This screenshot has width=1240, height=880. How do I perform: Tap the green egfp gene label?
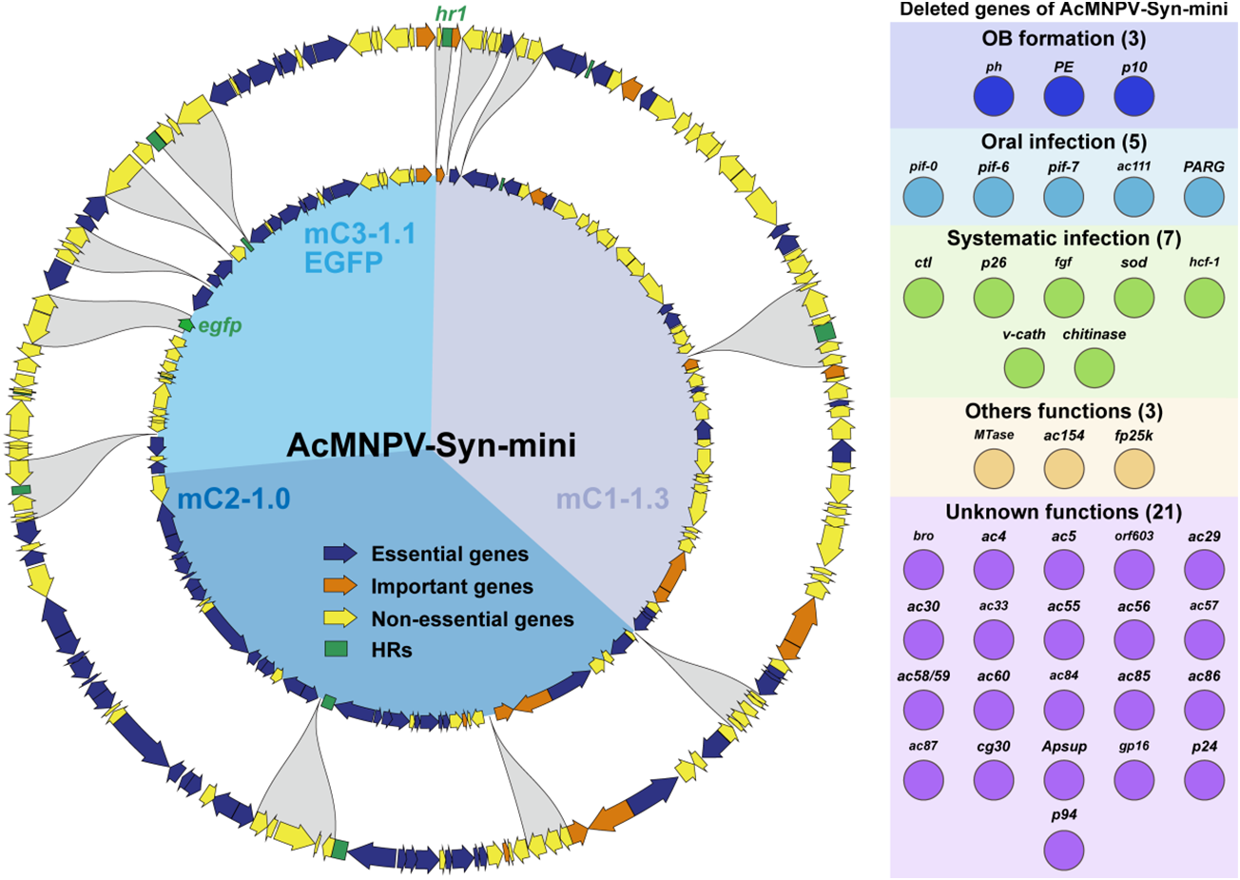(220, 326)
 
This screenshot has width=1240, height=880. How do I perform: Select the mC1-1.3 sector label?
(612, 498)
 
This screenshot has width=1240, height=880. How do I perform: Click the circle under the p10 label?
(1133, 96)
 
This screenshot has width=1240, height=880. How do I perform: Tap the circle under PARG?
(1204, 200)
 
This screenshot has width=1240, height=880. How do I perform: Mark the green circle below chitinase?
(1095, 368)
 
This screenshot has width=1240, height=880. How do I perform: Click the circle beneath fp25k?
(1133, 468)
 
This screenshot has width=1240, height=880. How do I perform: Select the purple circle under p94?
(1064, 849)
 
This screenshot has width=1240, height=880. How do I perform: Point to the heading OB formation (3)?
(1063, 39)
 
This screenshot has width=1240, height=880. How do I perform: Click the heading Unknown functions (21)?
(1063, 513)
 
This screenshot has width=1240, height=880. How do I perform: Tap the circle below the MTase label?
(994, 468)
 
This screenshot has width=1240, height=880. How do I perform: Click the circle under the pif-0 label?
(923, 200)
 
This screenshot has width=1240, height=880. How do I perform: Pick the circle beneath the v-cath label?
(1024, 368)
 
